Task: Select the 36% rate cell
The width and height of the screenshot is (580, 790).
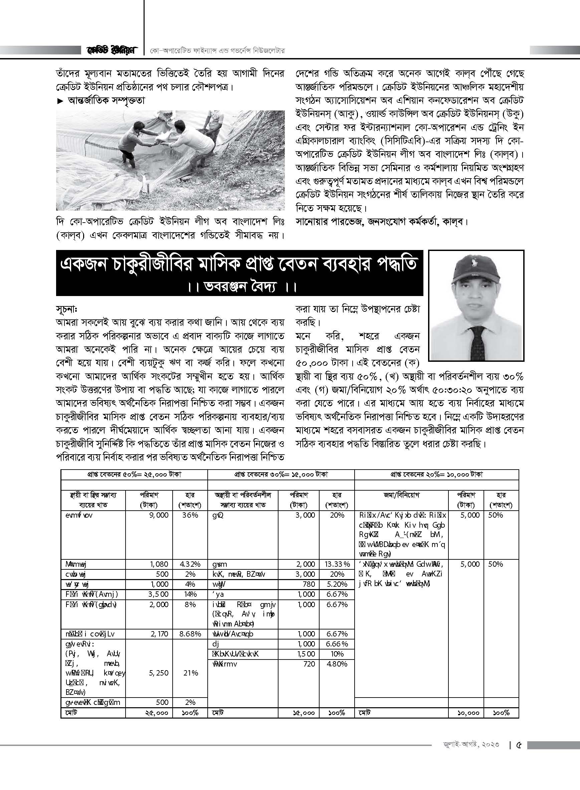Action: point(190,515)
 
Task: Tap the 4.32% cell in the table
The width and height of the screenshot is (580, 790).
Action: point(190,564)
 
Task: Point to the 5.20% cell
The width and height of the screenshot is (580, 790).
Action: point(337,584)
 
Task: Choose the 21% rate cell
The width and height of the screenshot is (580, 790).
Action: point(190,673)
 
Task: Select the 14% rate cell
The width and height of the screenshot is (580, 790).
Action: point(190,594)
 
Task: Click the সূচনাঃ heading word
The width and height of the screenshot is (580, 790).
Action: point(66,310)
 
